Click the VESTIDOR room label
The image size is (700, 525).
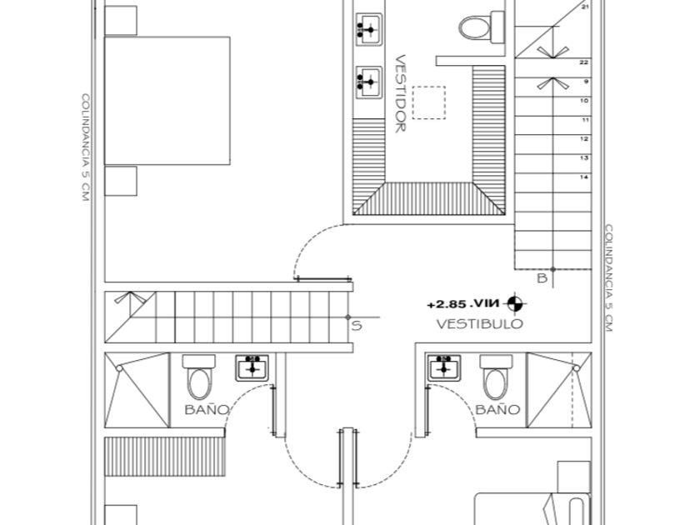tap(400, 93)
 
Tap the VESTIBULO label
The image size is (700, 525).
tap(479, 324)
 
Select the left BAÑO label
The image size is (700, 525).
tap(207, 409)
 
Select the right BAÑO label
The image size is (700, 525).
tap(497, 409)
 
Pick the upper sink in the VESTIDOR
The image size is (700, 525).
tap(367, 28)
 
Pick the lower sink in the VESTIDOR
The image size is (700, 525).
tap(367, 81)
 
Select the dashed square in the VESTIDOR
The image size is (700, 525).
tap(430, 102)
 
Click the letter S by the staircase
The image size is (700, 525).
tap(356, 326)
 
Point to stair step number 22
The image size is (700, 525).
tap(585, 62)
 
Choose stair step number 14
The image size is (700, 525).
tap(585, 177)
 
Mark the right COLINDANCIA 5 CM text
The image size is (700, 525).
tap(609, 277)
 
